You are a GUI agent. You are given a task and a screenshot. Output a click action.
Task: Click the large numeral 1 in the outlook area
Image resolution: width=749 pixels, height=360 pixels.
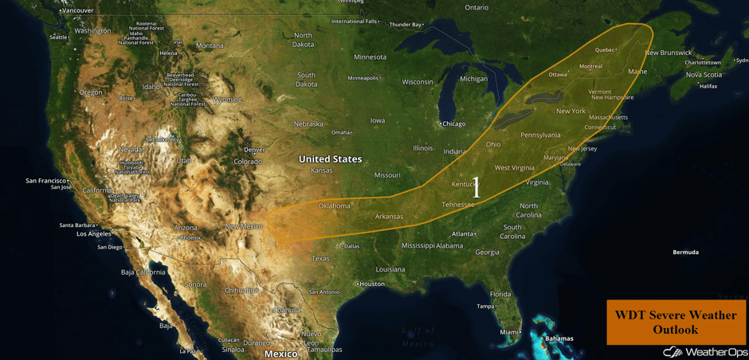476,189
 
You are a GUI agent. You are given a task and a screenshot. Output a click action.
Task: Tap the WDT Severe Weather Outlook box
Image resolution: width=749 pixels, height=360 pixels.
676,322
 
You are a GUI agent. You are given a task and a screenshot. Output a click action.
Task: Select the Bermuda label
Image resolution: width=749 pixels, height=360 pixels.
685,252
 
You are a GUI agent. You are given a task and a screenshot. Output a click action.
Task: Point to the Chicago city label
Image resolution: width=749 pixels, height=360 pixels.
453,123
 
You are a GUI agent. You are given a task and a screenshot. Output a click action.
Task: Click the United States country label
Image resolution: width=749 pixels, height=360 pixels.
330,159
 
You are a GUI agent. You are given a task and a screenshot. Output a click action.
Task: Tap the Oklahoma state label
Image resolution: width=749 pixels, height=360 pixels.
334,205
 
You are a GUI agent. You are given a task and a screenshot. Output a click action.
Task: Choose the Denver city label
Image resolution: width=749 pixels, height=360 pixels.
254,150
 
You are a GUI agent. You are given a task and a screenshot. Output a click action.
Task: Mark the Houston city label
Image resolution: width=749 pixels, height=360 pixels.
371,284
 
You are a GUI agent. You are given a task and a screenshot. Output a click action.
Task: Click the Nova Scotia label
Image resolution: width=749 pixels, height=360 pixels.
704,75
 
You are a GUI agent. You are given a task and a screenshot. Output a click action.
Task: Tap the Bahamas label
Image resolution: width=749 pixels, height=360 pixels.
558,338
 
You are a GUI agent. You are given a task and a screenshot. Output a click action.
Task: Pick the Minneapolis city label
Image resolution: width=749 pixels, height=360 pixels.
363,78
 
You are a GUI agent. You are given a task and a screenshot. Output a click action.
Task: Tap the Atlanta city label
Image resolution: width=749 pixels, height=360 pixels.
462,233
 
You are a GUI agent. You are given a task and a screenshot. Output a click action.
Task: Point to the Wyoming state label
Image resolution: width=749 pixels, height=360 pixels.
228,100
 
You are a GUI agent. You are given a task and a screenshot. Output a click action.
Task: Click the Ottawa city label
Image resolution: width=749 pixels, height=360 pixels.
558,74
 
